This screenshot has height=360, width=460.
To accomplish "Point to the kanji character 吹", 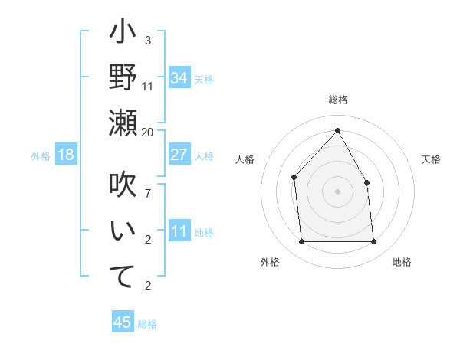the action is click(x=123, y=186).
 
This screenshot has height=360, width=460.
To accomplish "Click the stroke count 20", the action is click(x=148, y=132).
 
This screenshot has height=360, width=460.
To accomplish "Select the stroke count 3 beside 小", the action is click(x=148, y=40).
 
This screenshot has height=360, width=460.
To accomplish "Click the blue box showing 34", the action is click(x=179, y=78).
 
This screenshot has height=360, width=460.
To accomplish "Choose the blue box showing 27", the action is click(x=179, y=155).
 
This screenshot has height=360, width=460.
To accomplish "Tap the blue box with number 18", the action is click(x=66, y=155).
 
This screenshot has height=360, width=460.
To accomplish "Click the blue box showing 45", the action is click(x=123, y=322).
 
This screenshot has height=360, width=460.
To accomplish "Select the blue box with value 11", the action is click(x=179, y=231).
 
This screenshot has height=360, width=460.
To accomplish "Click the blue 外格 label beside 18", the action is click(x=41, y=156).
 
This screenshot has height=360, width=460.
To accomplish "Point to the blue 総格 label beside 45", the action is click(x=147, y=323).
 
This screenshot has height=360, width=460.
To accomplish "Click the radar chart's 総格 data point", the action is click(x=337, y=131).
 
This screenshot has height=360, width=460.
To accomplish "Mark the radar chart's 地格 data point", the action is click(x=373, y=242).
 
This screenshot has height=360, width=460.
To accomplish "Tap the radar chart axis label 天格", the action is click(x=431, y=159).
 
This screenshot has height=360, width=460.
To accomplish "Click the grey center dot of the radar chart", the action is click(x=337, y=191).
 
